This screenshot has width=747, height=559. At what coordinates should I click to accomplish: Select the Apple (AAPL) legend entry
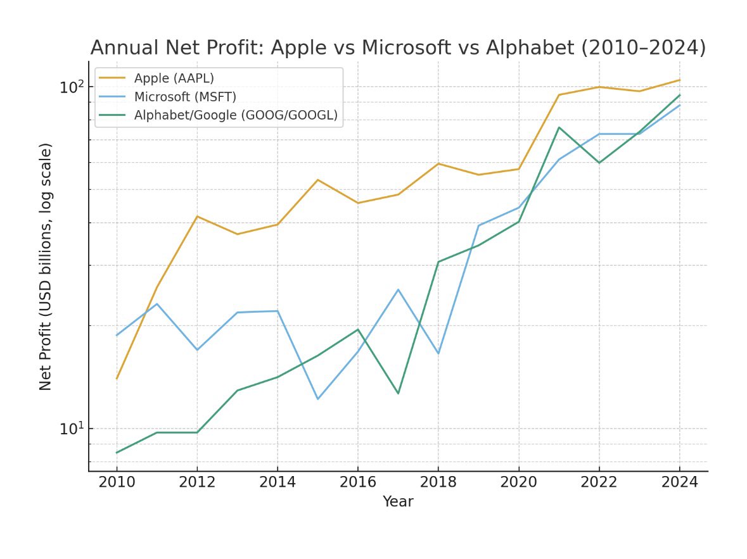174,79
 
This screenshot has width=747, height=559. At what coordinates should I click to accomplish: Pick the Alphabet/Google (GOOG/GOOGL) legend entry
235,115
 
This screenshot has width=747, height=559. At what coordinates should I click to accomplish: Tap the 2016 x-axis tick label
358,482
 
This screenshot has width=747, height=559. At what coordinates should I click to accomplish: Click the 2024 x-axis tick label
679,482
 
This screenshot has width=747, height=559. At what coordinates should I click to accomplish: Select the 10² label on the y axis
72,87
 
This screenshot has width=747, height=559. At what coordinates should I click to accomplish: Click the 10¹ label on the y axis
72,429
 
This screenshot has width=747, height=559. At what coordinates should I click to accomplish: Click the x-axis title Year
398,502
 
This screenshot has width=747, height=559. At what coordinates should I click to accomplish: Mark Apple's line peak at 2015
317,180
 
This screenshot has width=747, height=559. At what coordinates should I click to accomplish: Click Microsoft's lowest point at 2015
317,399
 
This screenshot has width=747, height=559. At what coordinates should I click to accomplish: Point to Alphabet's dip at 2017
398,393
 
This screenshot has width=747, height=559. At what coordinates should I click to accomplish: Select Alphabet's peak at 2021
559,127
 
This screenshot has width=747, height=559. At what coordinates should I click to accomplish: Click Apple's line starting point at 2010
117,379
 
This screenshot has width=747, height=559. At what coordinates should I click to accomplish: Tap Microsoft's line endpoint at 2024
679,105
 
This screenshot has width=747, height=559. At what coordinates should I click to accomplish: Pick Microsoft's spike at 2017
398,289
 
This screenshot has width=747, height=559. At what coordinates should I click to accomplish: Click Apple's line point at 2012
197,217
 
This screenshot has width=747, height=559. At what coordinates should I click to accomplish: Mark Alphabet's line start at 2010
117,453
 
